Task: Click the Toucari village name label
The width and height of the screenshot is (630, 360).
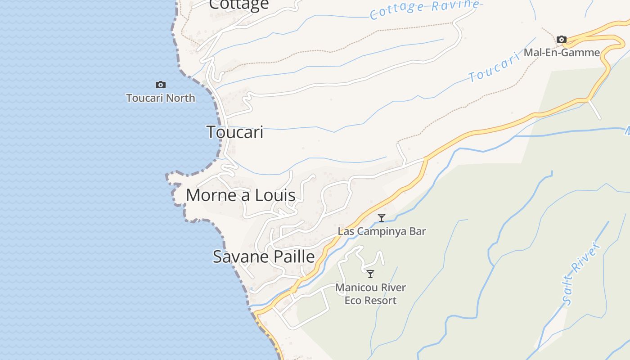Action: [235, 132]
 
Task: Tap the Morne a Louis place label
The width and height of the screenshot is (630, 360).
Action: [240, 195]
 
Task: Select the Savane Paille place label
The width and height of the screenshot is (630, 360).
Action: [263, 256]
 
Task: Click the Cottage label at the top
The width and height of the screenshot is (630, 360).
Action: [239, 4]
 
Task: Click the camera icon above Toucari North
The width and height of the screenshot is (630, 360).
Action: [160, 85]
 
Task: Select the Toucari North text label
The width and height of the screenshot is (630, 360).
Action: [161, 98]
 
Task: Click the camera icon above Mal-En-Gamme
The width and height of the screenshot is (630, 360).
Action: [561, 40]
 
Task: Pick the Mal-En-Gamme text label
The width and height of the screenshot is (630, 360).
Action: [562, 52]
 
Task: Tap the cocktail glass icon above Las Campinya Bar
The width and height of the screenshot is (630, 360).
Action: [382, 218]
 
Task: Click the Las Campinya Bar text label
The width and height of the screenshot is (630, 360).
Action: [382, 231]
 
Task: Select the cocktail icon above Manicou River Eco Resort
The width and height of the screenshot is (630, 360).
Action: [370, 274]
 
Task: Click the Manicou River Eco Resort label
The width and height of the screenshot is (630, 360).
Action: [370, 294]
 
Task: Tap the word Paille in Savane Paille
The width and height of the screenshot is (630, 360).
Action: [293, 256]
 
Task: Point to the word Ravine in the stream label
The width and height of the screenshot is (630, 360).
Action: [454, 6]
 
